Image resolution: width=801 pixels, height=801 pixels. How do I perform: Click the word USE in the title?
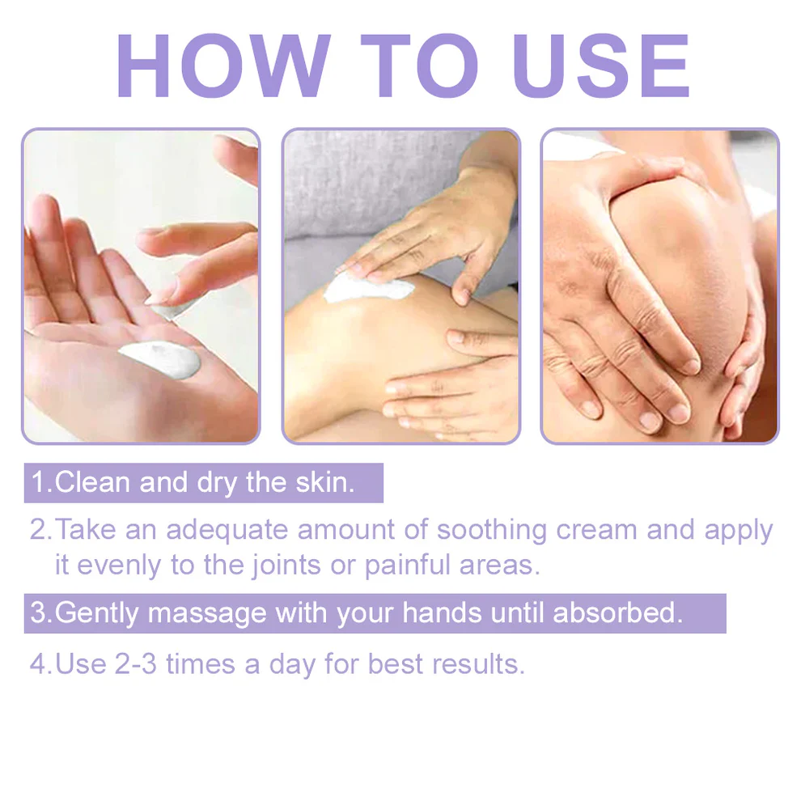[601, 66]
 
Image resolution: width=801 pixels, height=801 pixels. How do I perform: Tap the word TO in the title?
[419, 66]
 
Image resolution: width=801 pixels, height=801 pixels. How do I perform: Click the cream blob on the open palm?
[161, 358]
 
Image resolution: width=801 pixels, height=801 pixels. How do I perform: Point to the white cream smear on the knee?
[368, 287]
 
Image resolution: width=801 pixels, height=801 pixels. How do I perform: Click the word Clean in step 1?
[92, 482]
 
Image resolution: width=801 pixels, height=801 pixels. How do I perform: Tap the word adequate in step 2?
[227, 530]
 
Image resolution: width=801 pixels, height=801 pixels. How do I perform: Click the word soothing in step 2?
[492, 530]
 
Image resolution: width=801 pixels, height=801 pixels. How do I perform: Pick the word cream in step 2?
[596, 530]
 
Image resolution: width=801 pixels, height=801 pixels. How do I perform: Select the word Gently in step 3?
[96, 613]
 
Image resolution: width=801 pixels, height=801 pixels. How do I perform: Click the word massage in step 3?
[207, 614]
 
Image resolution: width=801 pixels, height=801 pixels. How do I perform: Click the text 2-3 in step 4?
[135, 664]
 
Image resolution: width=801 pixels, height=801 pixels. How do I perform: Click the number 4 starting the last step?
[38, 664]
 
